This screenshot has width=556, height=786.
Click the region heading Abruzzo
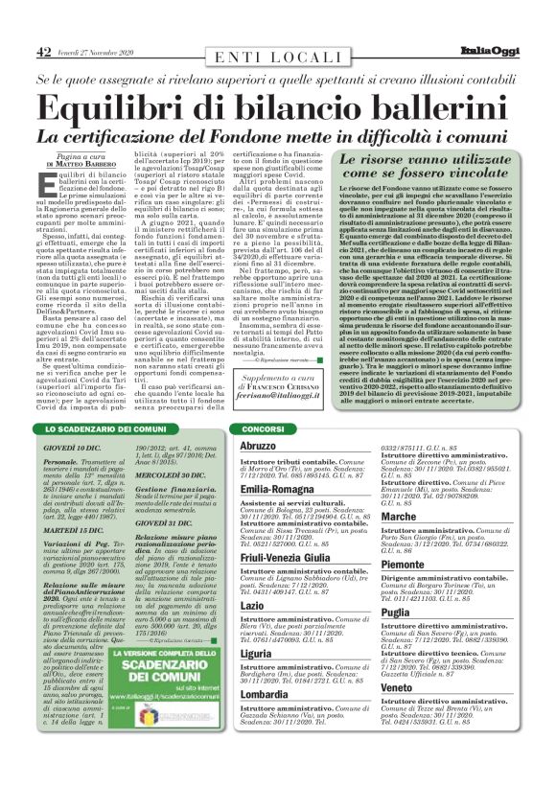(x=257, y=447)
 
